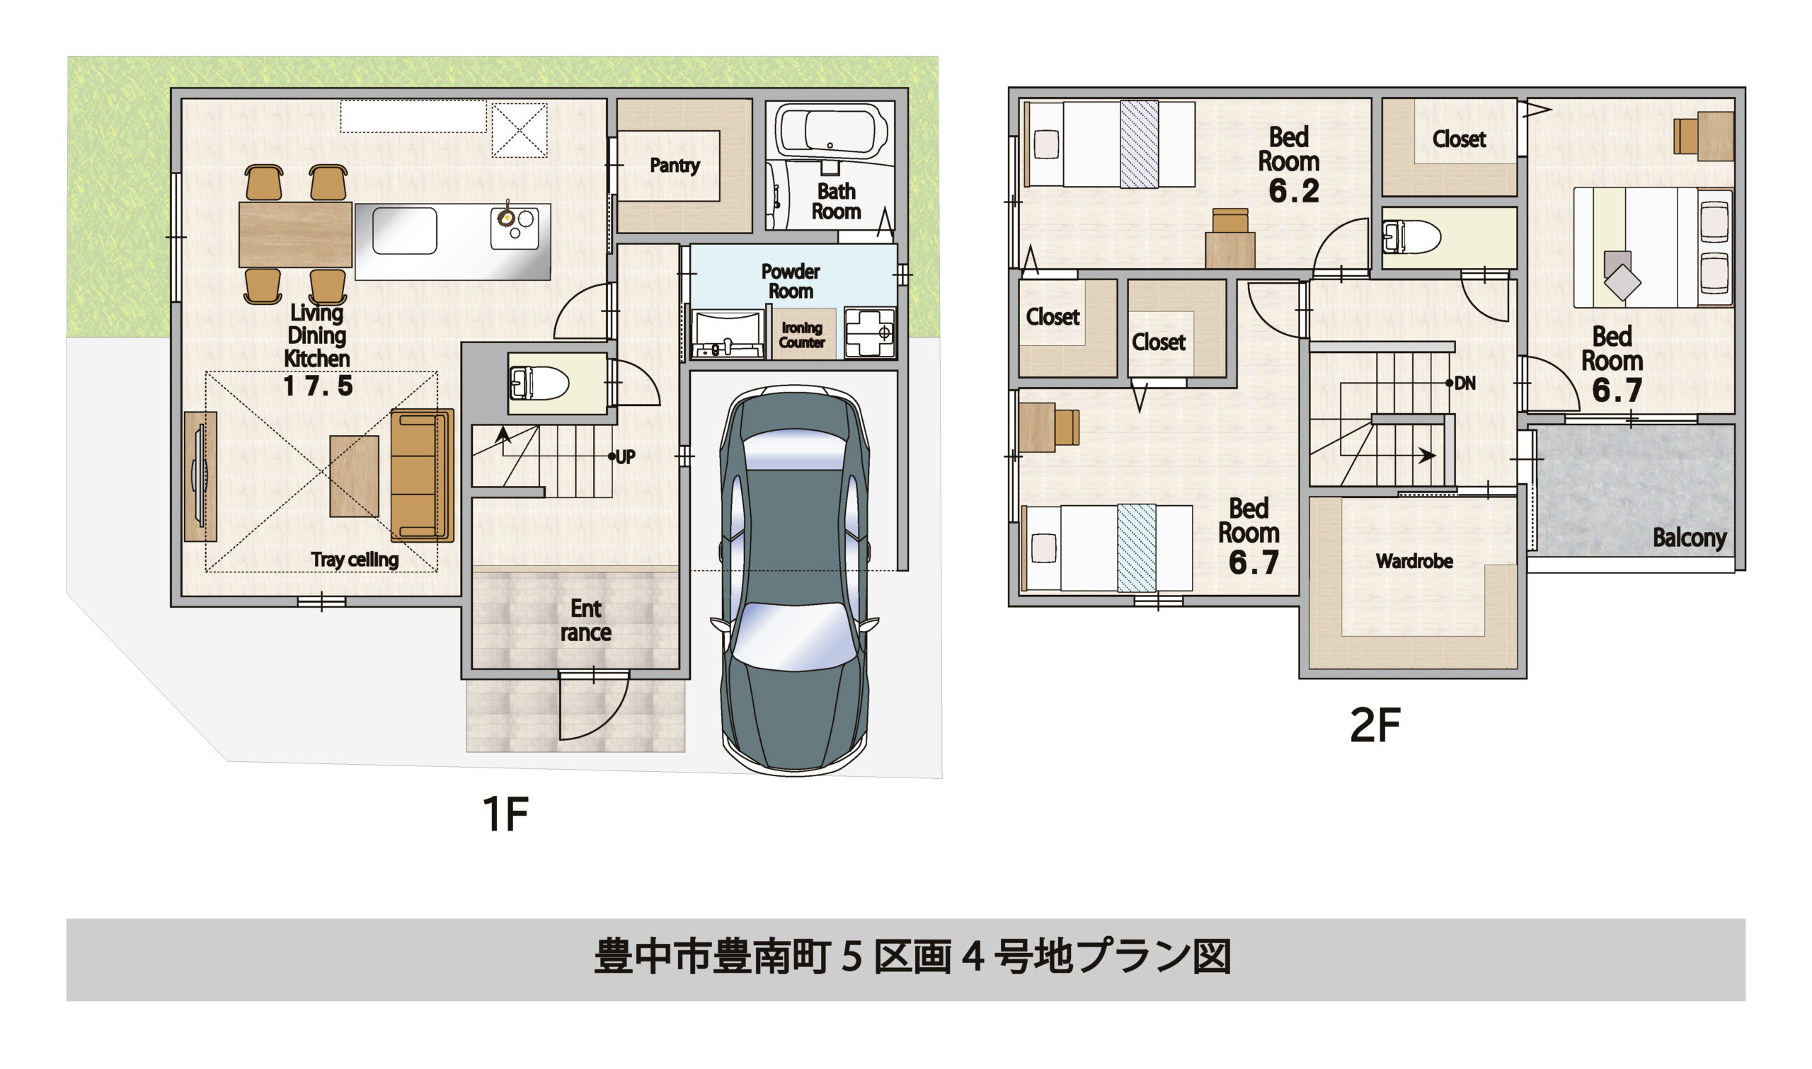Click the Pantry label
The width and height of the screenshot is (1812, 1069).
click(x=675, y=166)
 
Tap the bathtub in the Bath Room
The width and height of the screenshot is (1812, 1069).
click(x=832, y=130)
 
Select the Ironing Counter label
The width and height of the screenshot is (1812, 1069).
click(x=801, y=335)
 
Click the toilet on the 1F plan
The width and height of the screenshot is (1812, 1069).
click(x=539, y=383)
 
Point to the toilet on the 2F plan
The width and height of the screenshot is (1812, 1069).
click(x=1411, y=236)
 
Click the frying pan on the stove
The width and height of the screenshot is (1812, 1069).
click(x=507, y=216)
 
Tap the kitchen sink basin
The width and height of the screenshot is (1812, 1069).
click(x=404, y=231)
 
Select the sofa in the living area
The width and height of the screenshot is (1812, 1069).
click(x=421, y=475)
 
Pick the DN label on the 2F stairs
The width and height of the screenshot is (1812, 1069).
click(x=1464, y=383)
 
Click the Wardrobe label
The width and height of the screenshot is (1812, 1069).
click(x=1414, y=561)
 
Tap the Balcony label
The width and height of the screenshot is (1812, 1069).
click(x=1689, y=538)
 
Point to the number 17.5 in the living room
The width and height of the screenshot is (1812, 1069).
click(x=318, y=387)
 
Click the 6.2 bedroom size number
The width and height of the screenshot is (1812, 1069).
click(x=1294, y=192)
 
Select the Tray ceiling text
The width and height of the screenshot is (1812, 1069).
click(x=355, y=560)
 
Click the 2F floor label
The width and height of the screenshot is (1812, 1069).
click(x=1375, y=725)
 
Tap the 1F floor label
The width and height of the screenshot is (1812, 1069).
click(x=505, y=815)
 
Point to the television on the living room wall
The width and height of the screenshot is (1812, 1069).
click(x=200, y=476)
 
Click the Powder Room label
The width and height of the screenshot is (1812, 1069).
click(x=791, y=281)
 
